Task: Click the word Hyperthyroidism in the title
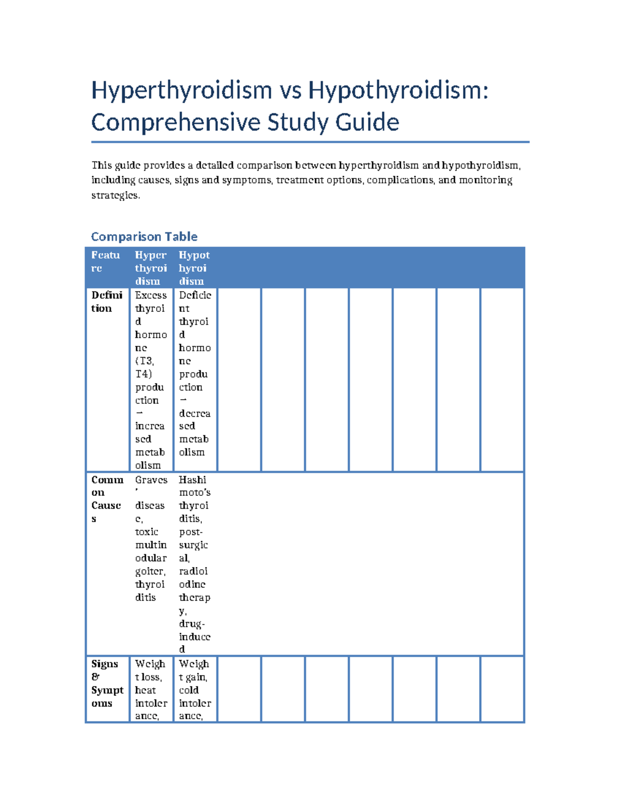point(182,90)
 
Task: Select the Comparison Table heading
point(144,236)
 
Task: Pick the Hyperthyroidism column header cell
point(151,268)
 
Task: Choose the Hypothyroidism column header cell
point(194,268)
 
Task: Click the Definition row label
point(107,301)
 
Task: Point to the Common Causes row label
point(107,499)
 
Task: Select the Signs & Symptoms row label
point(107,683)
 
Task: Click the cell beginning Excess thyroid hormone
point(151,380)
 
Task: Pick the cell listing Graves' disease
point(151,538)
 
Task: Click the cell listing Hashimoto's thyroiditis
point(195,564)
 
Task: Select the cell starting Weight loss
point(151,689)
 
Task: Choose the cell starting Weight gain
point(195,689)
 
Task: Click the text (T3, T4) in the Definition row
point(144,367)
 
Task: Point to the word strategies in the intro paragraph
point(115,195)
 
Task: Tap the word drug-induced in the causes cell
point(194,637)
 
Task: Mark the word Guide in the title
point(367,123)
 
